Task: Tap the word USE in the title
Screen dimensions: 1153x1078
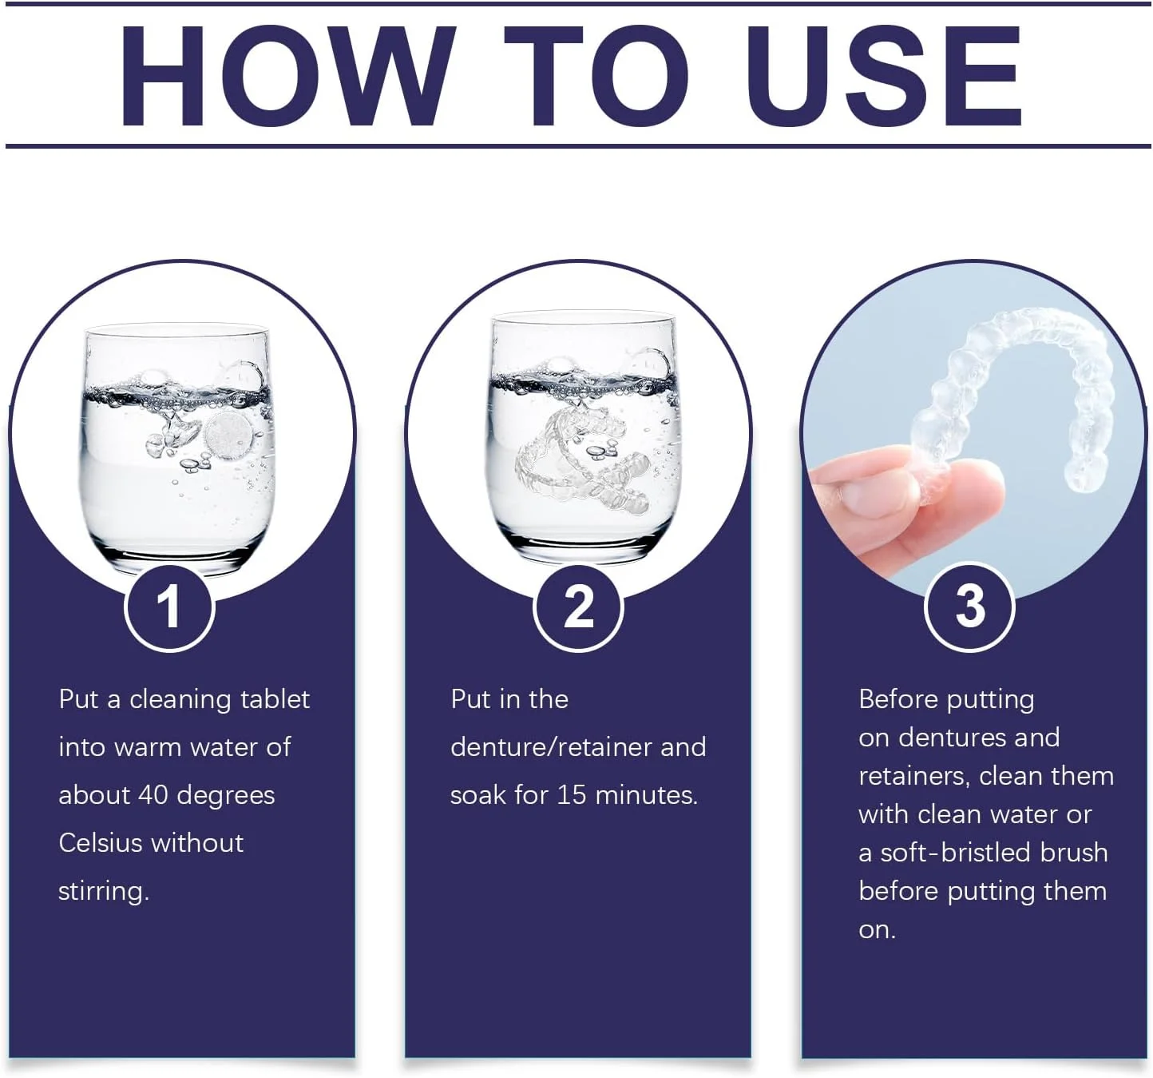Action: click(884, 76)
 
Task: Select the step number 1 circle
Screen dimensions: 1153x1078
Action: click(169, 607)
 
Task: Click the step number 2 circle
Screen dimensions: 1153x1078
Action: click(578, 607)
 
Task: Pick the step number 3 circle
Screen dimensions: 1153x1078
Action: click(969, 607)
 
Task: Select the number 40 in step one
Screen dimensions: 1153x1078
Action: click(153, 794)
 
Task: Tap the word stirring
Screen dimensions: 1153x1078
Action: click(103, 892)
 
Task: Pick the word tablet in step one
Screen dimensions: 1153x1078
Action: click(275, 698)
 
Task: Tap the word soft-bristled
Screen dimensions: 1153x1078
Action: click(956, 853)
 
